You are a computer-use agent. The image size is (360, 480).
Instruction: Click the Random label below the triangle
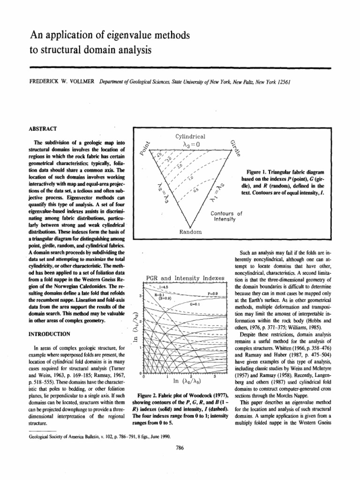click(191, 232)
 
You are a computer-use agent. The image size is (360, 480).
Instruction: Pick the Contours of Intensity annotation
click(226, 216)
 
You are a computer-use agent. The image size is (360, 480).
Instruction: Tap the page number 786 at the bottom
click(179, 448)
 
